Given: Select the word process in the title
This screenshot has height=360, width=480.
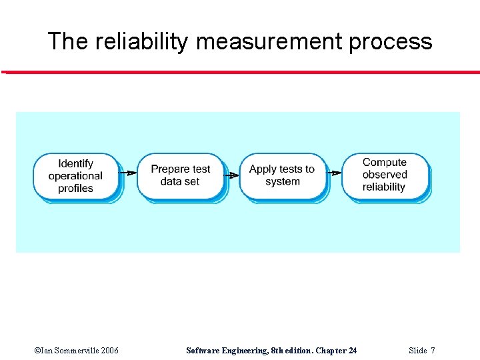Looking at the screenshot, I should click(x=394, y=42).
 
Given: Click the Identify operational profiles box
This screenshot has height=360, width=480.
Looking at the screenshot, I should click(x=75, y=176).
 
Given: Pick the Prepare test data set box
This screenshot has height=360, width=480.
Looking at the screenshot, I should click(x=180, y=175).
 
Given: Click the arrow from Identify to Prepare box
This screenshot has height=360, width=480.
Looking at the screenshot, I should click(x=128, y=173).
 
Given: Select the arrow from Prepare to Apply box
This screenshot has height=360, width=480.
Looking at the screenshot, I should click(x=231, y=175).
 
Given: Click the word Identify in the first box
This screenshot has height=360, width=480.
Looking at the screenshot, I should click(x=75, y=163).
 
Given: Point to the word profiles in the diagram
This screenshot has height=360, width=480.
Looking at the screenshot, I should click(x=75, y=189).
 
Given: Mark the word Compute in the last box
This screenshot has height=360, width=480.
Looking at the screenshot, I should click(x=385, y=162).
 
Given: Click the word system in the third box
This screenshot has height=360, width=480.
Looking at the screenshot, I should click(x=282, y=181).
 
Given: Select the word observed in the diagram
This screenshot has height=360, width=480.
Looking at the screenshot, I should click(x=385, y=175).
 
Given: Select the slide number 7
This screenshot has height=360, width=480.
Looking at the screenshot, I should click(x=433, y=351).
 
